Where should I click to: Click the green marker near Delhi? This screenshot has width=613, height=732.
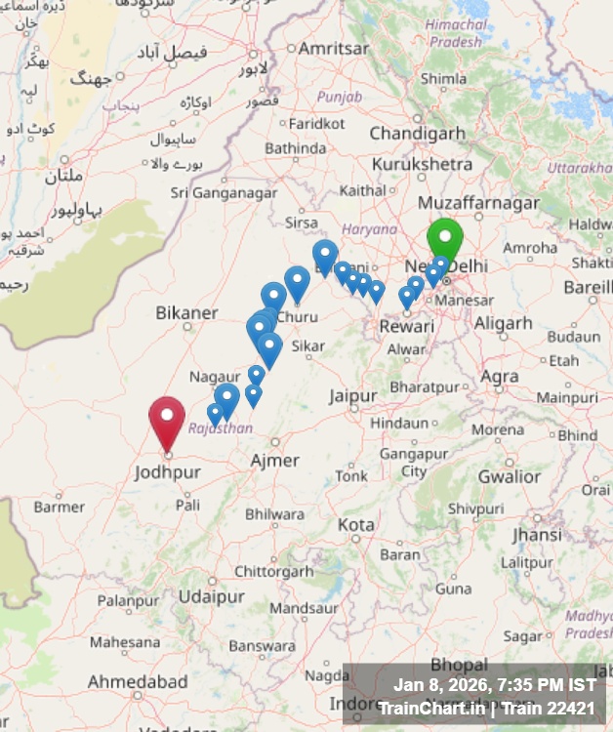pyautogui.click(x=444, y=238)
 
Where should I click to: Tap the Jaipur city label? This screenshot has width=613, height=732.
pyautogui.click(x=352, y=396)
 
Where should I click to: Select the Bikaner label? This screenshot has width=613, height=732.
pyautogui.click(x=186, y=313)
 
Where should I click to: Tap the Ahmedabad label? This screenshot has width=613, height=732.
pyautogui.click(x=138, y=680)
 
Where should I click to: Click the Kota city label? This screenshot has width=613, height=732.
pyautogui.click(x=355, y=524)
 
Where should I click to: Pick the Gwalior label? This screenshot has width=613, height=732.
pyautogui.click(x=509, y=476)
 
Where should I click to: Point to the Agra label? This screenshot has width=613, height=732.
pyautogui.click(x=500, y=376)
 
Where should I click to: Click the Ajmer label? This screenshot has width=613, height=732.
pyautogui.click(x=275, y=460)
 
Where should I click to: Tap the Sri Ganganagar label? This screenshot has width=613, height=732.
pyautogui.click(x=225, y=193)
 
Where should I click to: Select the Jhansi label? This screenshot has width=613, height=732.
pyautogui.click(x=537, y=535)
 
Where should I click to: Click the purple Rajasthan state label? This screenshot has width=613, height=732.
pyautogui.click(x=221, y=427)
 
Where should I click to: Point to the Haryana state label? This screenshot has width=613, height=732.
pyautogui.click(x=370, y=228)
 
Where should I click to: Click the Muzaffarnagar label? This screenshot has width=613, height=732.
pyautogui.click(x=478, y=203)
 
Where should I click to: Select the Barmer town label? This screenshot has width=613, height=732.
pyautogui.click(x=60, y=507)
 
